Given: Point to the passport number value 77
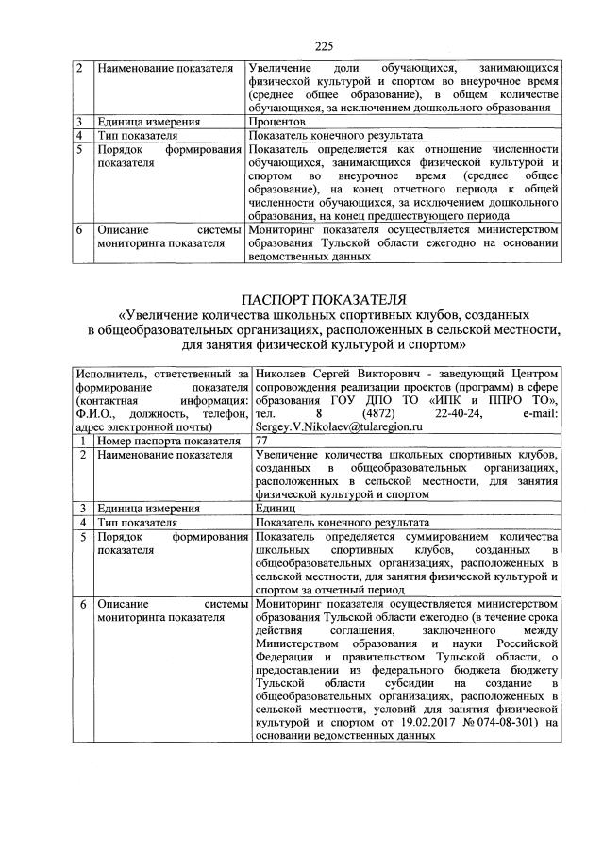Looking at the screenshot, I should coord(262,441).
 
